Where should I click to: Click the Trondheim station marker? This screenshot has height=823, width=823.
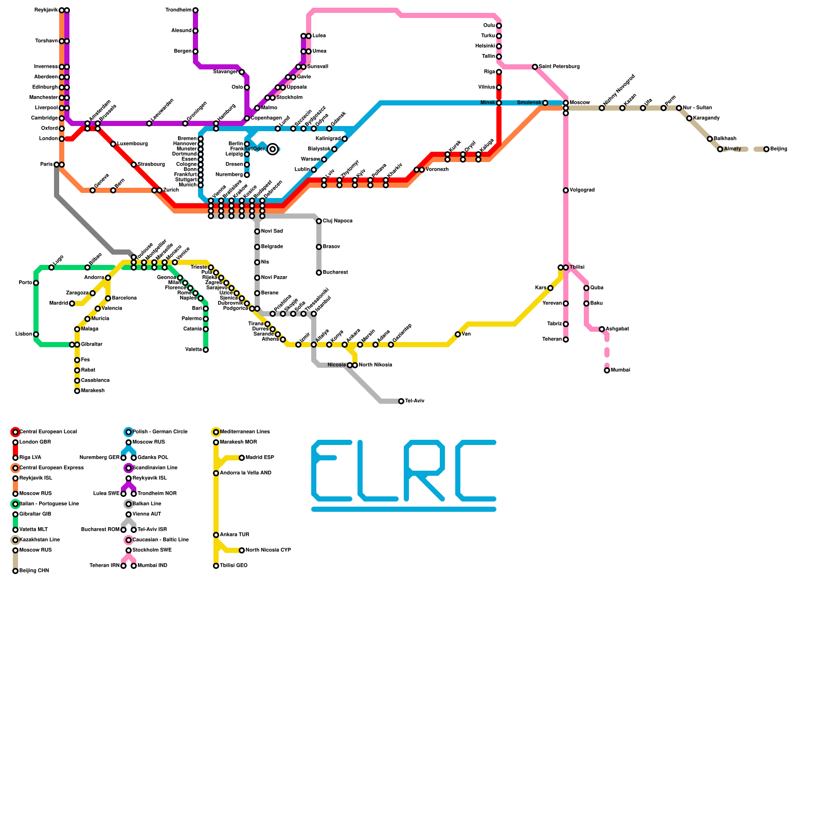pos(195,10)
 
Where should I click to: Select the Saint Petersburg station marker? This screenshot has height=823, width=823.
pos(535,67)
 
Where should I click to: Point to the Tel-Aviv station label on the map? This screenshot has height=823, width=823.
pos(415,401)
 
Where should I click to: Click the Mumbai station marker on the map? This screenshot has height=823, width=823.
pos(607,370)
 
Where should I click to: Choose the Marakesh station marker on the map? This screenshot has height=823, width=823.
pos(77,391)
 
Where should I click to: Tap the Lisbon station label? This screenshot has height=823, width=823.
pos(24,334)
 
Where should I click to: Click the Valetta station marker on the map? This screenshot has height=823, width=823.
pos(206,350)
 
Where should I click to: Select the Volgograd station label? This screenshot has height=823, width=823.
pos(582,190)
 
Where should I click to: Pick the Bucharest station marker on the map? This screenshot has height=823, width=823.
pos(319,273)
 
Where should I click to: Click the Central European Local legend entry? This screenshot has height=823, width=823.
pos(48,432)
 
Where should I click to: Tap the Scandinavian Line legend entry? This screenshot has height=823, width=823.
pos(155,468)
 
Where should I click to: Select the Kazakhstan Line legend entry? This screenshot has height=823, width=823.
pos(40,540)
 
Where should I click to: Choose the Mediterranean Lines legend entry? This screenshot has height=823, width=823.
pos(245,432)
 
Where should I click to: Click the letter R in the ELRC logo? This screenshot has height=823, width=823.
pos(424,471)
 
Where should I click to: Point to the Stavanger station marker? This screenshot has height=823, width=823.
pos(242,72)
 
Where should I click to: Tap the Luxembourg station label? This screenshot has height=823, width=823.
pos(132,144)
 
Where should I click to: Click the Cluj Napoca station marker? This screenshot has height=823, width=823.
pos(319,221)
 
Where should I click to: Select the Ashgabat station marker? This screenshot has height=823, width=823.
pos(602,329)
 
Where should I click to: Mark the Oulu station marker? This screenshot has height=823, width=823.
pos(499,26)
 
